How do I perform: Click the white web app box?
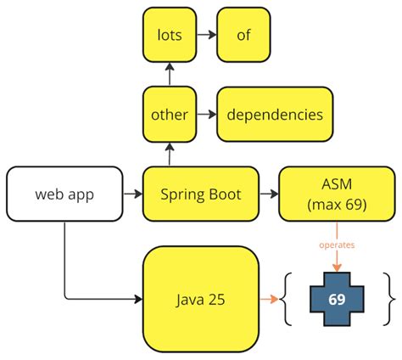64,194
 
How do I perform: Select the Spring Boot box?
201,194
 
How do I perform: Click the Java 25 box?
201,299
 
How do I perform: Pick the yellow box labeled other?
168,115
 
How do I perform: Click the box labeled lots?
168,36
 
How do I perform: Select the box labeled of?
243,36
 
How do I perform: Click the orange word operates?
338,245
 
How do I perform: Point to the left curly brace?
288,299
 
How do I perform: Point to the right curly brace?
390,299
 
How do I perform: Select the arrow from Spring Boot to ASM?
270,194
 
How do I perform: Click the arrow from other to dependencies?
206,115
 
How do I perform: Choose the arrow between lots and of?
205,36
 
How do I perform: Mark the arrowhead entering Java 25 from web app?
137,299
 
